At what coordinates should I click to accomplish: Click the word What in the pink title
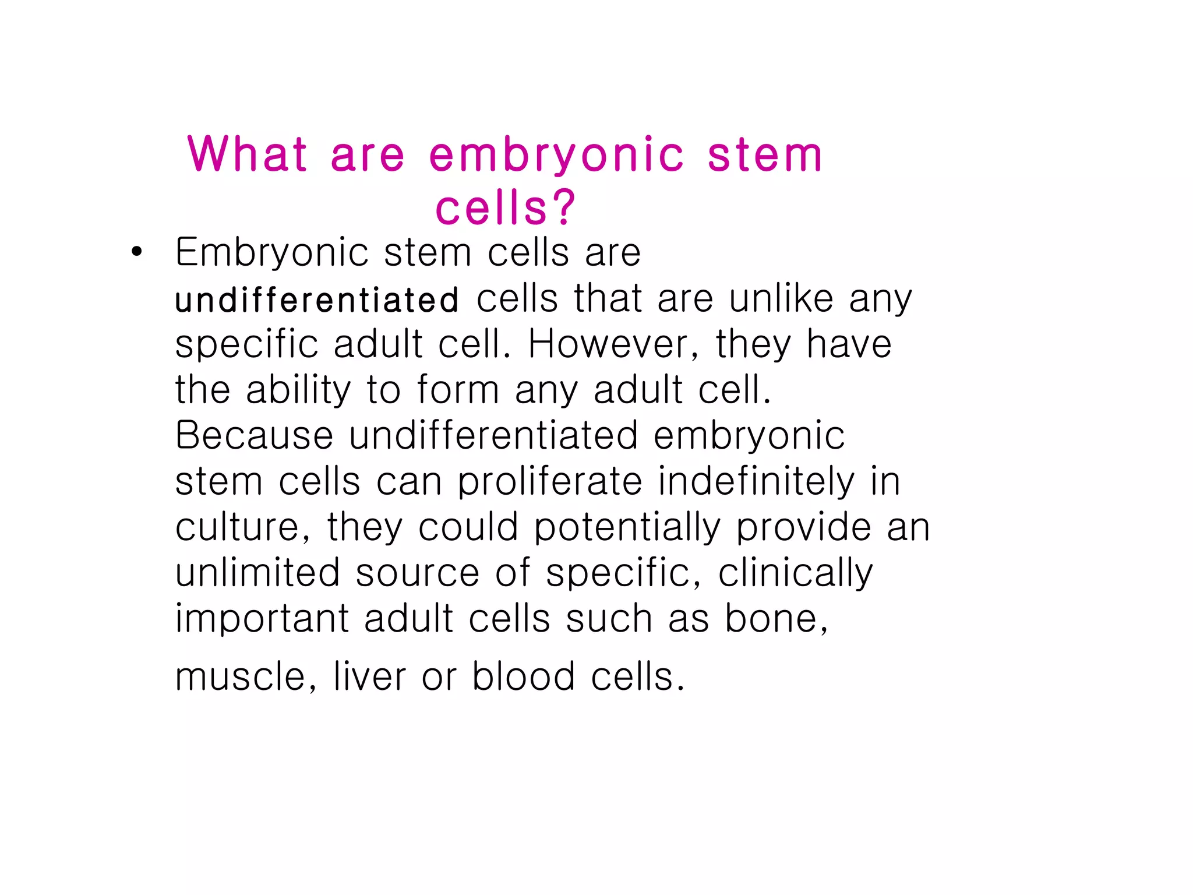pos(247,154)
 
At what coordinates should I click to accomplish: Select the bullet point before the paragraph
pos(136,252)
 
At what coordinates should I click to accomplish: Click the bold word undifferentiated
pos(317,300)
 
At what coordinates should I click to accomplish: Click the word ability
pos(298,390)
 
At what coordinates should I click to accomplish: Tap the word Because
pos(254,435)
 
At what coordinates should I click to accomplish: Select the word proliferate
pos(549,482)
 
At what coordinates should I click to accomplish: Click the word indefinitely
pos(757,482)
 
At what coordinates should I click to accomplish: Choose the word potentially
pos(627,527)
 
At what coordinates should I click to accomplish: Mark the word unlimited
pos(257,573)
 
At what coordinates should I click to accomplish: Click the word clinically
pos(795,573)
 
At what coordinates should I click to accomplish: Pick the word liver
pos(369,677)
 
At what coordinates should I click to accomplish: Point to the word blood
pos(523,677)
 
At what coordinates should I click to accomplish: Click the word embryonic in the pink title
pos(556,155)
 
